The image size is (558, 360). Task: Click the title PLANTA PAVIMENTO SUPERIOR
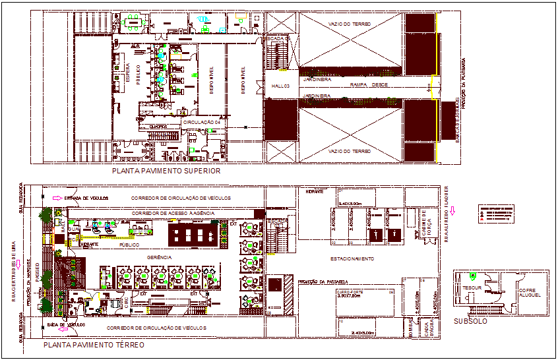pos(166,171)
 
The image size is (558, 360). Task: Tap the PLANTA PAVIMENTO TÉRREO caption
pos(94,345)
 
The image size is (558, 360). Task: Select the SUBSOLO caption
pos(470,321)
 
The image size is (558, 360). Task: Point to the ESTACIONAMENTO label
pos(352,259)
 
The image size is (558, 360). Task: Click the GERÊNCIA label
pos(160,256)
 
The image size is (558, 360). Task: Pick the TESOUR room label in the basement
pos(471,287)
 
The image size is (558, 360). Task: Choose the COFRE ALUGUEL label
pos(530,293)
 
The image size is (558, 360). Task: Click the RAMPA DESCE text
pos(368,86)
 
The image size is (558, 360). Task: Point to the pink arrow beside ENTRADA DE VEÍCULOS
pos(58,198)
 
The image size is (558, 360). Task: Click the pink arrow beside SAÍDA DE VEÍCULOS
pos(58,328)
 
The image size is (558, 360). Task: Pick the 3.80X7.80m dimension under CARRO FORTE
pos(349,296)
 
